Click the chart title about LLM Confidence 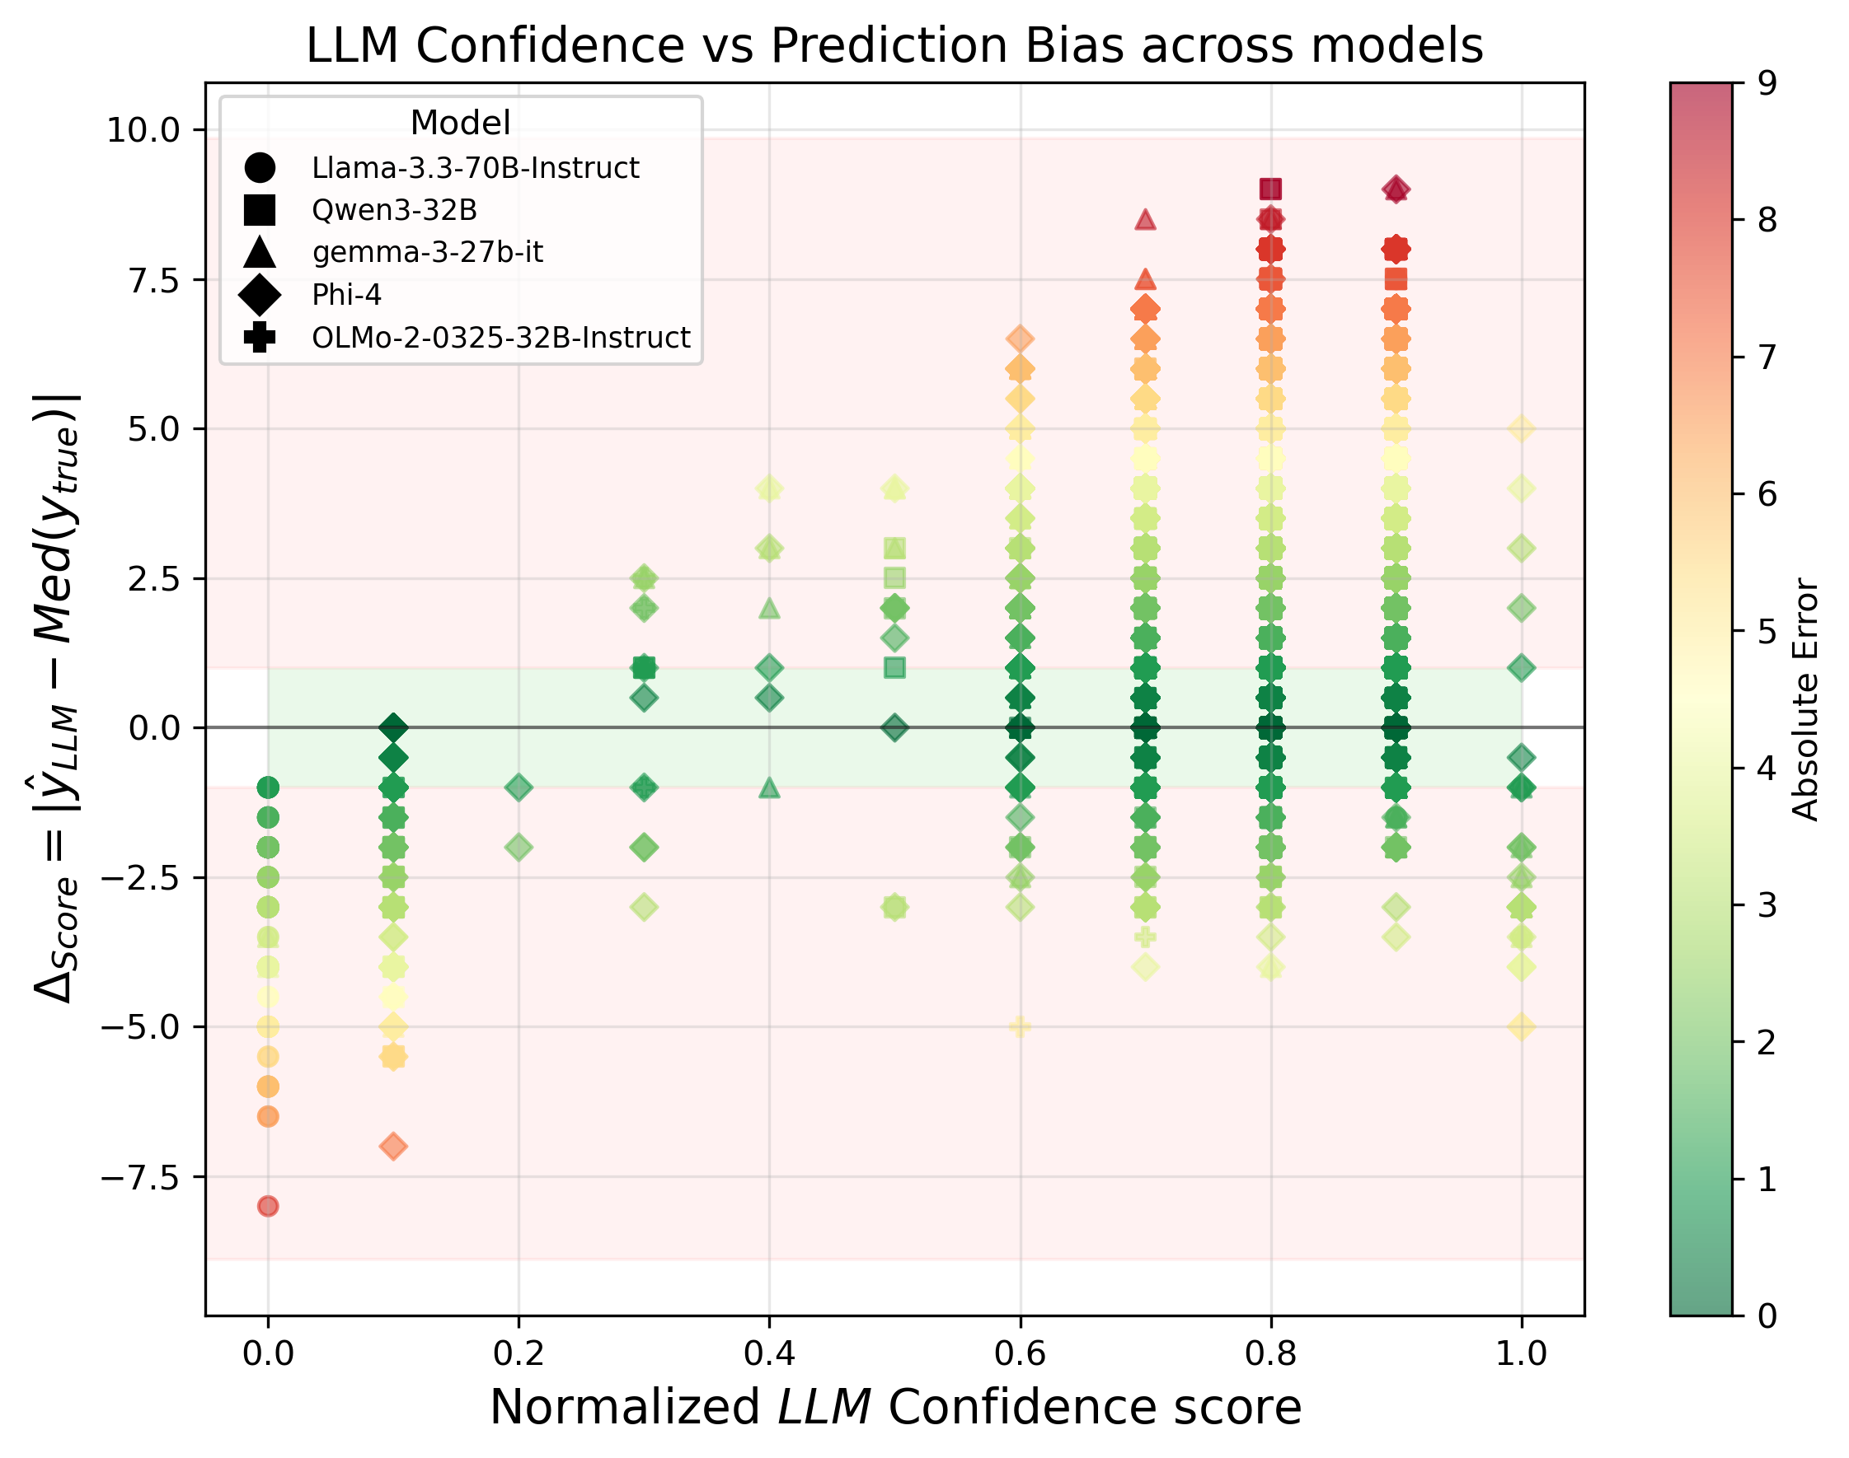point(894,45)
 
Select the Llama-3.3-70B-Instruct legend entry point(475,168)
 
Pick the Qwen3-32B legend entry point(394,210)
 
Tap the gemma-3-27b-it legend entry point(427,253)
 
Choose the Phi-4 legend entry point(346,295)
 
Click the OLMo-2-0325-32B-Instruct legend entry point(500,338)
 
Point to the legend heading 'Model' point(460,123)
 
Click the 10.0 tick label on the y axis point(143,131)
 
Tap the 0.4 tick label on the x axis point(768,1354)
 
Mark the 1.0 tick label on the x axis point(1521,1354)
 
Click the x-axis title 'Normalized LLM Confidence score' point(894,1408)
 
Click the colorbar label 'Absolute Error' point(1805,700)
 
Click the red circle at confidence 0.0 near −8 point(268,1206)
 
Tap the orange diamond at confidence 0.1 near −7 point(393,1147)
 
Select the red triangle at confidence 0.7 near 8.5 point(1145,220)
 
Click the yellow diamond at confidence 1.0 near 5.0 point(1521,428)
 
